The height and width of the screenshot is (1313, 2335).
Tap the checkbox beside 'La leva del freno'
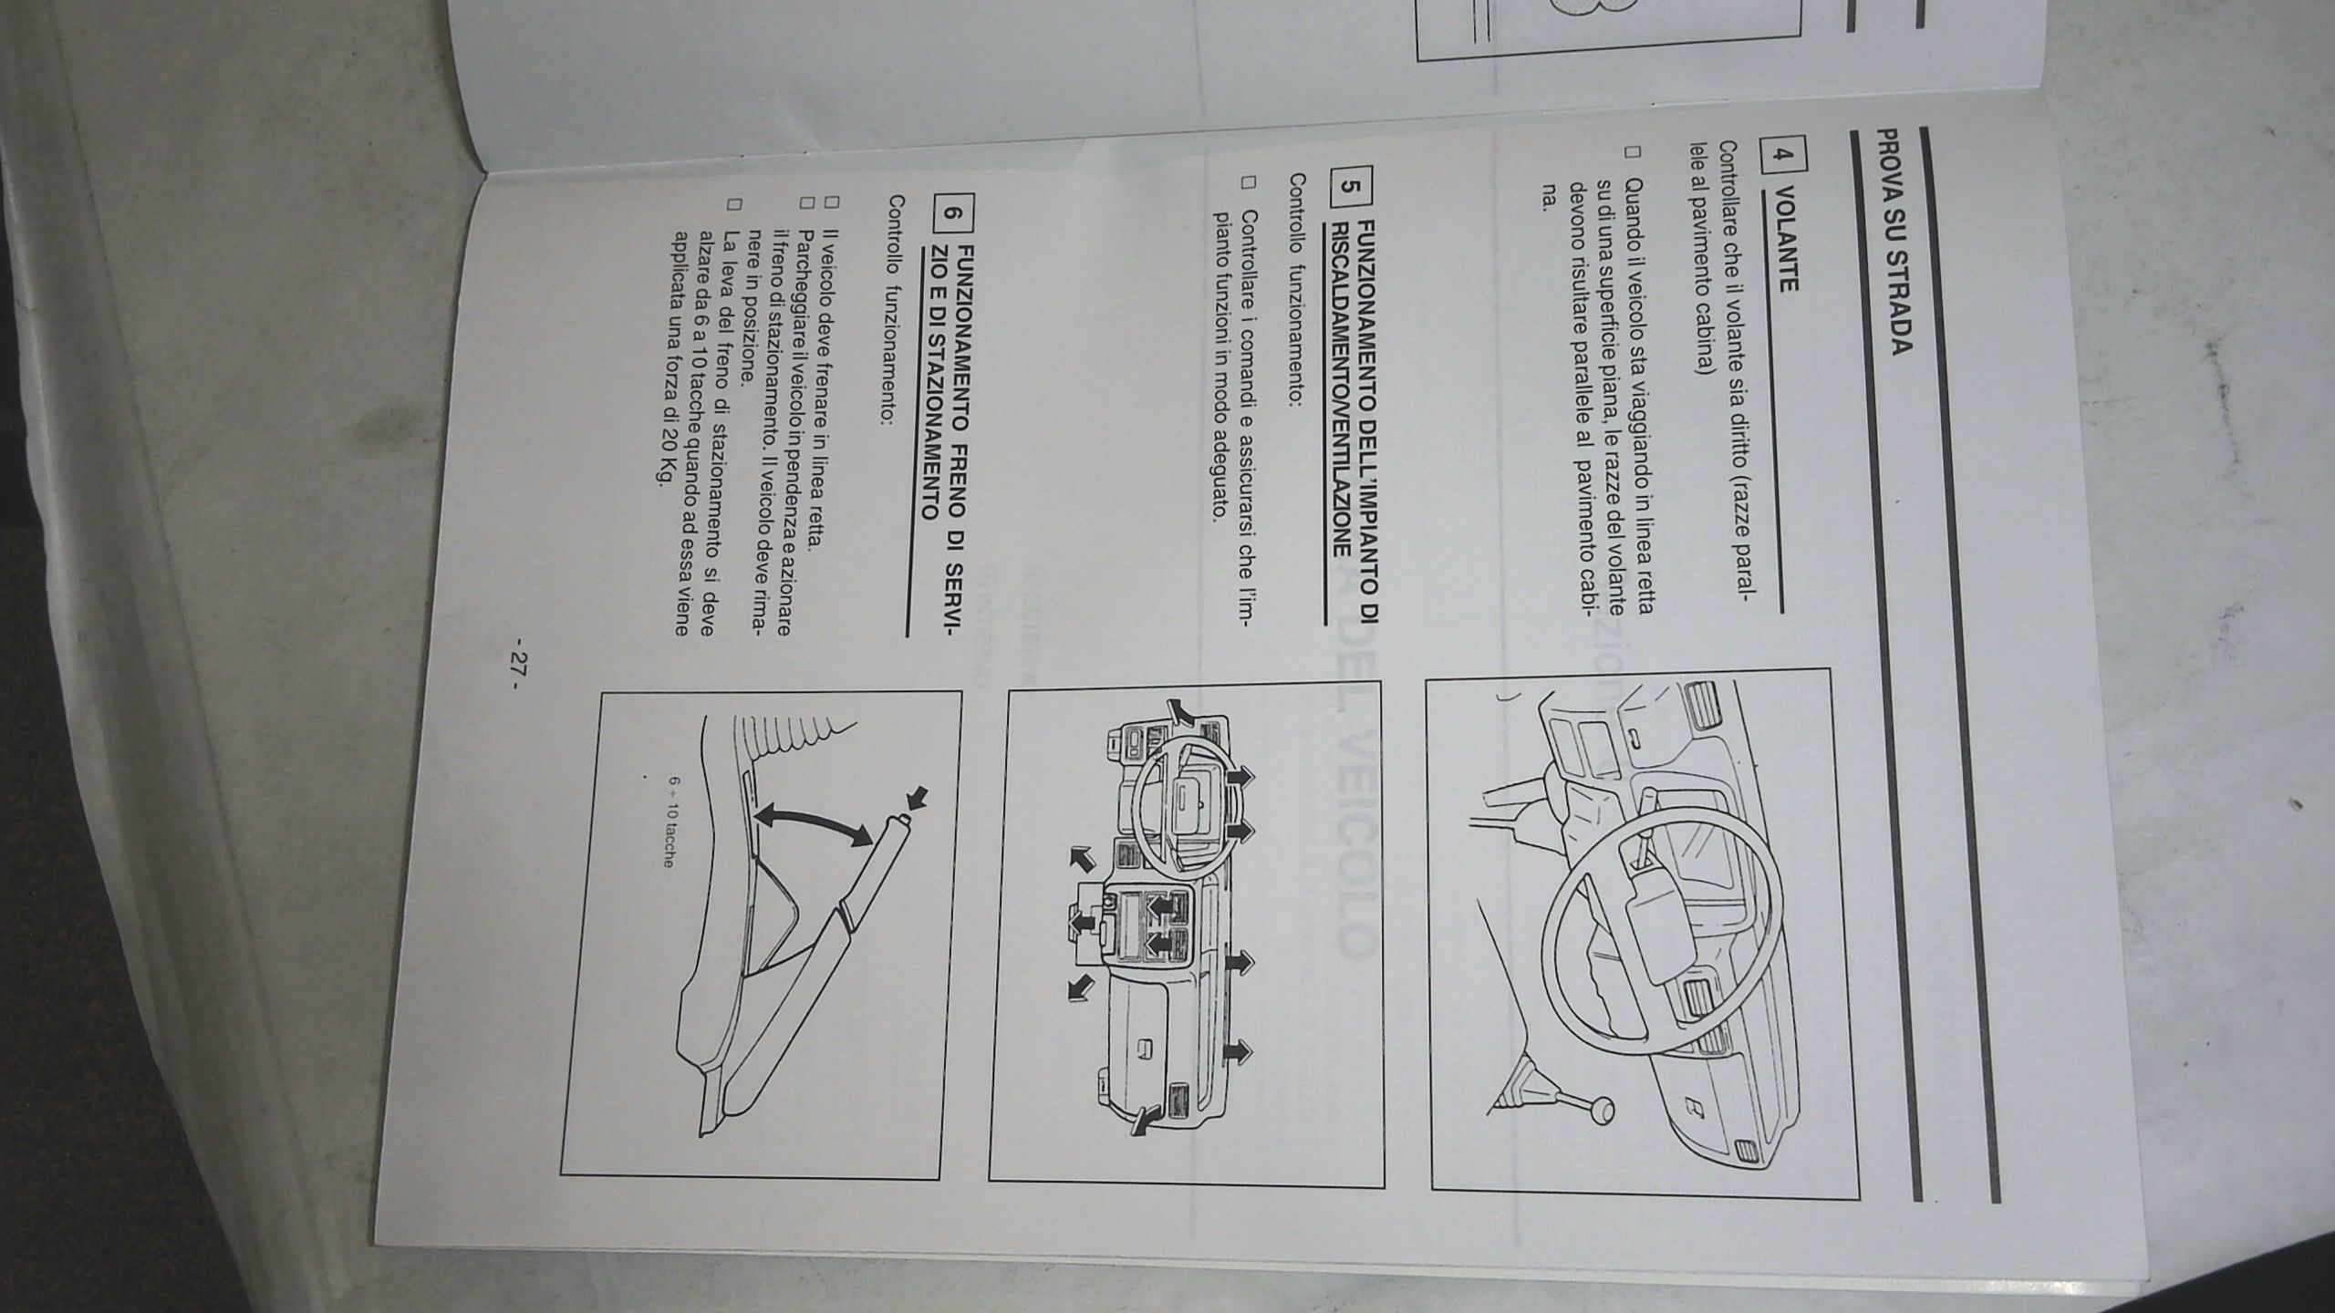733,202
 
